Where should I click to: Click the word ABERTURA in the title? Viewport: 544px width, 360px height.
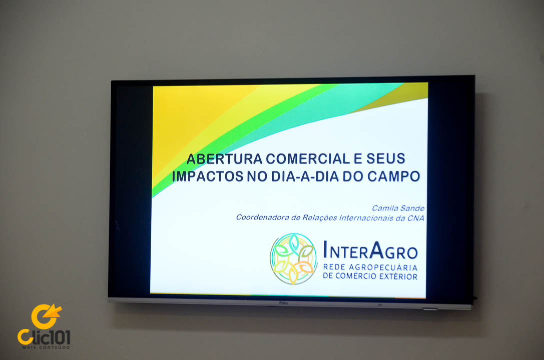coord(224,159)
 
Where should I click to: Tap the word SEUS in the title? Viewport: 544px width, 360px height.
coord(386,158)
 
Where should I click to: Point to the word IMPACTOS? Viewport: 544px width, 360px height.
coord(208,176)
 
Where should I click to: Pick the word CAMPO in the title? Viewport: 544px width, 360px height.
coord(393,176)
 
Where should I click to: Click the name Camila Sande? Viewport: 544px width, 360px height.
coord(398,208)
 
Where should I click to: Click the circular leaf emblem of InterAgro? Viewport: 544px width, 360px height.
coord(293,258)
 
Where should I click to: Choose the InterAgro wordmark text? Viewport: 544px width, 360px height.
coord(370,250)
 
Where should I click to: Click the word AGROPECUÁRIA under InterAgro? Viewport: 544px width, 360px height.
coord(383,267)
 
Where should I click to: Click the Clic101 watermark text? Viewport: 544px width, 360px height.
coord(44,337)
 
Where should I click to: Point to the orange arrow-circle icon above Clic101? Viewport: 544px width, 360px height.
coord(46,316)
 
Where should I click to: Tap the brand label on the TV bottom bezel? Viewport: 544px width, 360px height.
coord(284,303)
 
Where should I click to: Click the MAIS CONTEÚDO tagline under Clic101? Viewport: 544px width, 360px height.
coord(46,347)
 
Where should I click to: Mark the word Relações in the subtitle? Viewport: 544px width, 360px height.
coord(319,217)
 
